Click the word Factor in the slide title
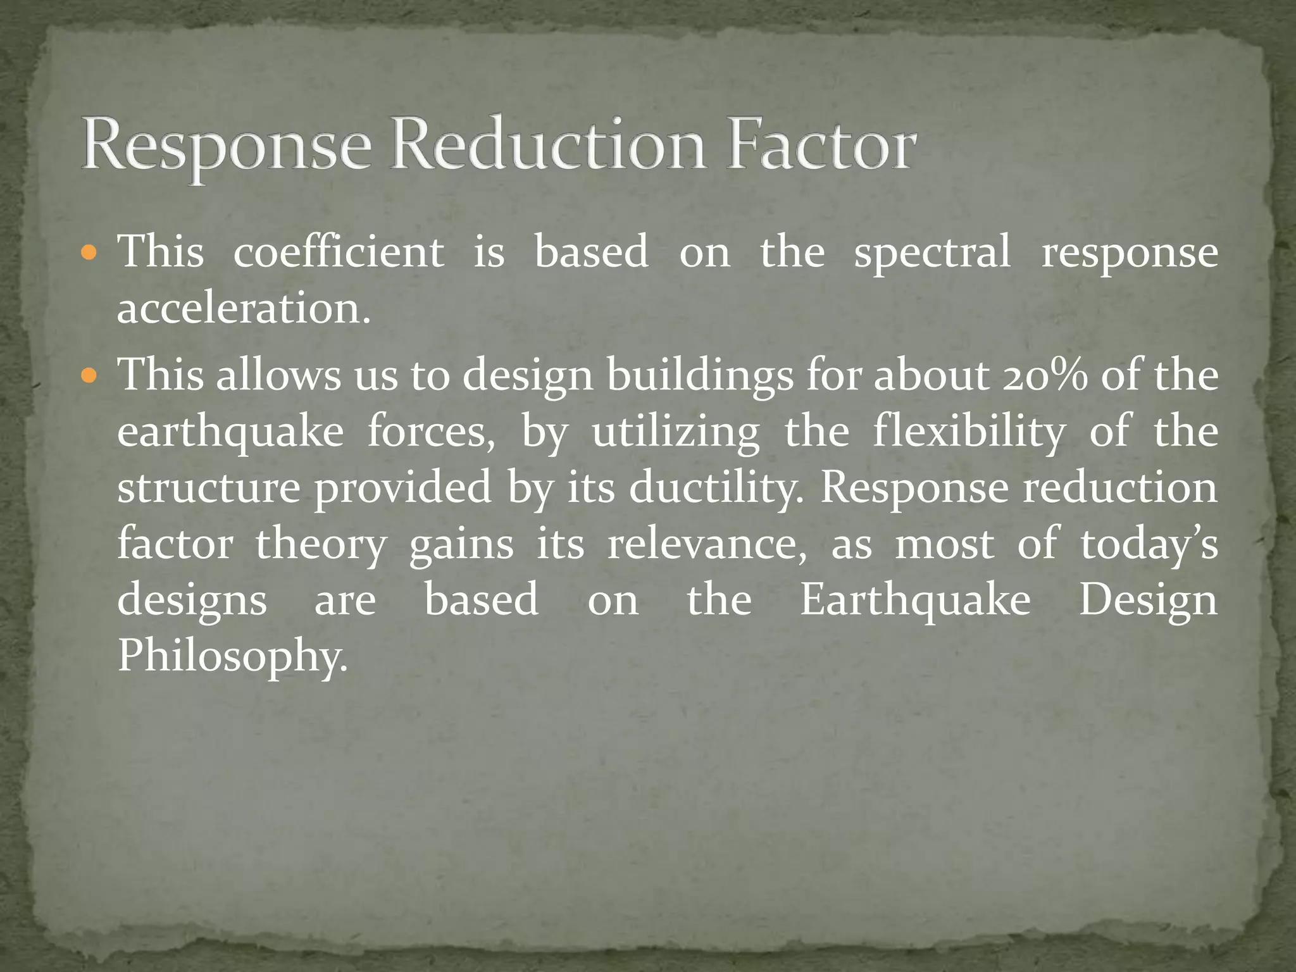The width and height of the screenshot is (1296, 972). pyautogui.click(x=821, y=146)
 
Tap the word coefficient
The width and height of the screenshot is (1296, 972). pyautogui.click(x=339, y=252)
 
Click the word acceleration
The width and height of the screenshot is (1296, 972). pyautogui.click(x=244, y=309)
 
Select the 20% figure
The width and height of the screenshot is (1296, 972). pyautogui.click(x=1045, y=375)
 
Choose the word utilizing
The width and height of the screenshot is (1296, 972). pyautogui.click(x=676, y=433)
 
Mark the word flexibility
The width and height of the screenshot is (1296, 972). pyautogui.click(x=969, y=433)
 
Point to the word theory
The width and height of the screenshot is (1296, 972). pyautogui.click(x=321, y=545)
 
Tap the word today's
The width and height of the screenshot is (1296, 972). pyautogui.click(x=1149, y=544)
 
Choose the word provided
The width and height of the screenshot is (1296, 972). pyautogui.click(x=403, y=489)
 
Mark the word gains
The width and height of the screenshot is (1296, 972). pyautogui.click(x=461, y=545)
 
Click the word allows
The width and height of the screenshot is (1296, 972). pyautogui.click(x=278, y=375)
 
